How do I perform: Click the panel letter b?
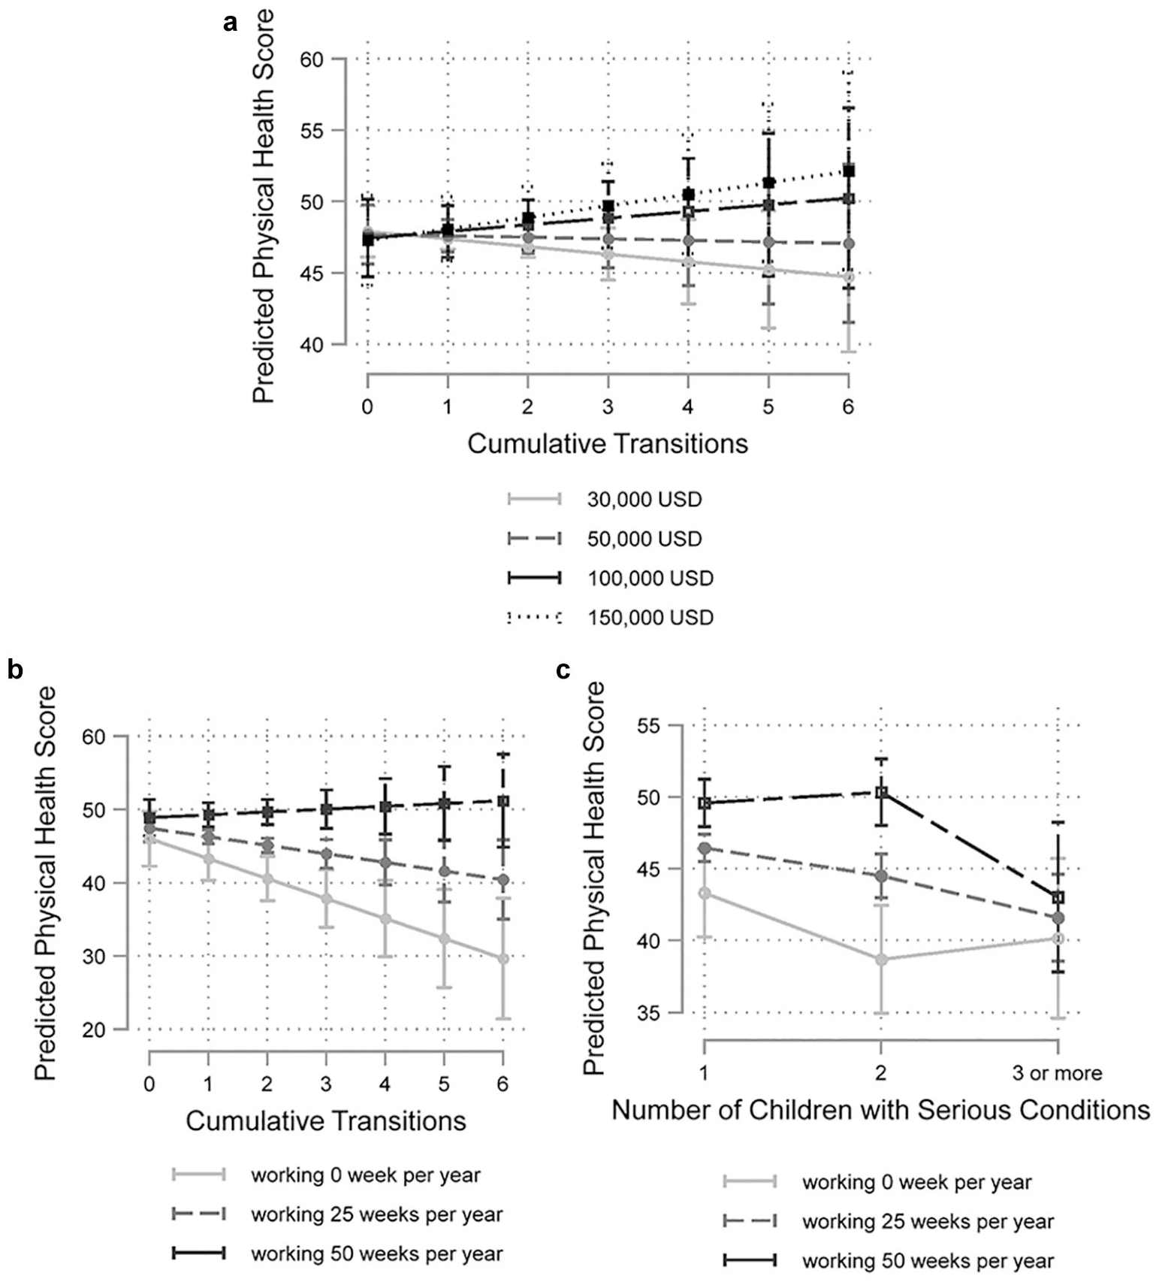[15, 668]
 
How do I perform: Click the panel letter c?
[562, 670]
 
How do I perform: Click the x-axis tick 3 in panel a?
[608, 407]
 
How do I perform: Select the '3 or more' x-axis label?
[1057, 1072]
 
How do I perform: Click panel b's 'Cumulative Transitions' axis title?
[326, 1120]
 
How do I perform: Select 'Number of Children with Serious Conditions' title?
[881, 1109]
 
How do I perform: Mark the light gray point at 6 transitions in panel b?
[503, 959]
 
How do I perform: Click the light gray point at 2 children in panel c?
[881, 960]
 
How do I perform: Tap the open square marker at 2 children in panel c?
[881, 792]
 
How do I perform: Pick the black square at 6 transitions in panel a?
[849, 171]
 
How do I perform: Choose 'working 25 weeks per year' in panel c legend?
[928, 1221]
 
